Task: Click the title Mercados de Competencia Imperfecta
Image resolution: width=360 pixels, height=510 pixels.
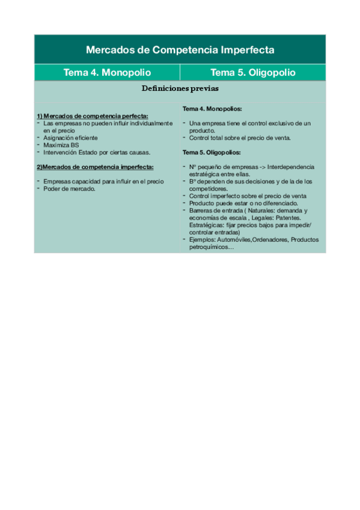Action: tap(180, 49)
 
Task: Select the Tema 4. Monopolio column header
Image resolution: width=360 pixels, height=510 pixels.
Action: tap(107, 73)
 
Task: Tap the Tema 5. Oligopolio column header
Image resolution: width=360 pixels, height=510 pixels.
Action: tap(253, 73)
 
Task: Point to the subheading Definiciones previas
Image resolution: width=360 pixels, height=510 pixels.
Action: tap(180, 88)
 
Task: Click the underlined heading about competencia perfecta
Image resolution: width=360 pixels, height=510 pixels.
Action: tap(92, 115)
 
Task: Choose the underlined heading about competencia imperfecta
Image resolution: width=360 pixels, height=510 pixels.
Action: tap(94, 167)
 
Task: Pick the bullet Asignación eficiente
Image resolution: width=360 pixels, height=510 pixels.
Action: tap(69, 138)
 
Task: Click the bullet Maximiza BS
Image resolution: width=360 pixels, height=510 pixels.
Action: tap(61, 145)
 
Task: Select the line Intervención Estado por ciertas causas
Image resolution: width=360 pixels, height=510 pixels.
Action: tap(97, 152)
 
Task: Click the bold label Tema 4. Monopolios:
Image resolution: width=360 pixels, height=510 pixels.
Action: tap(212, 109)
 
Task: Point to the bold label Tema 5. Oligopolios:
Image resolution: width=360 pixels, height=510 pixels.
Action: tap(212, 152)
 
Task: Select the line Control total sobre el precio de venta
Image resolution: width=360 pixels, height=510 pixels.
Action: tap(240, 138)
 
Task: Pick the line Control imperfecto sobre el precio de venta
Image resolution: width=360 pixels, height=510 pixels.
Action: tap(247, 195)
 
